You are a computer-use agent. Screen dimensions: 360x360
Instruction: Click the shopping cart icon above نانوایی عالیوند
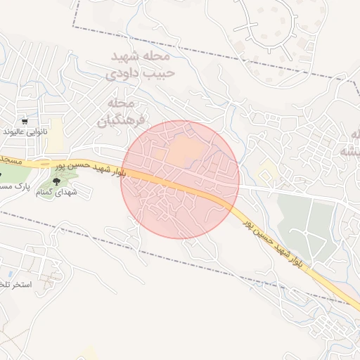[x=25, y=121]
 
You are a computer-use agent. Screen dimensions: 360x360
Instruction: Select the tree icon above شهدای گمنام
[x=56, y=182]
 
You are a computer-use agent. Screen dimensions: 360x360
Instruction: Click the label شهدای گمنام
[x=56, y=191]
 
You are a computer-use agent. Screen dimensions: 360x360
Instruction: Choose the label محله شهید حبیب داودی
[x=140, y=63]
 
